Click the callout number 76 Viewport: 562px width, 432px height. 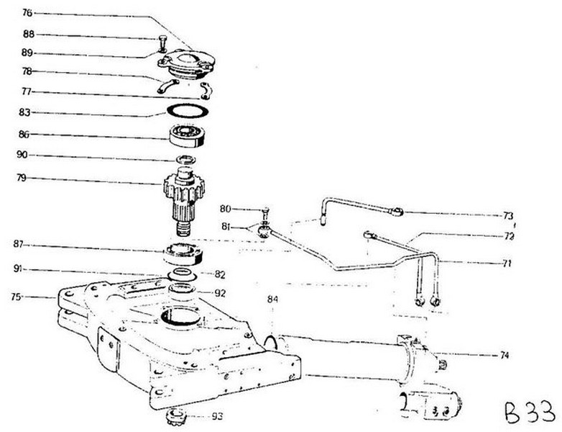(28, 12)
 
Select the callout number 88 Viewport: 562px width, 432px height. (28, 35)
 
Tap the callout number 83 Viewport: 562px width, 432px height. (28, 112)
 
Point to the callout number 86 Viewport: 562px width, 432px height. (28, 135)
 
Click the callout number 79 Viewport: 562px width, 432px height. (28, 180)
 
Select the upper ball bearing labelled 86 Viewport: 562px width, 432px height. (186, 135)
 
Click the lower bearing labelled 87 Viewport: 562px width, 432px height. (185, 253)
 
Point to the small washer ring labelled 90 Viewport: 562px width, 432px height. (185, 158)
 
